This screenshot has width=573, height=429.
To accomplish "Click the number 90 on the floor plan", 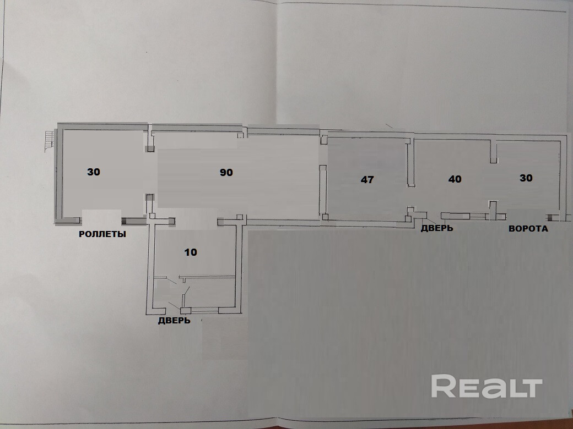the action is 226,173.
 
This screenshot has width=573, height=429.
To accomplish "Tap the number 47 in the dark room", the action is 368,179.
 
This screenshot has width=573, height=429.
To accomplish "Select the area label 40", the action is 455,179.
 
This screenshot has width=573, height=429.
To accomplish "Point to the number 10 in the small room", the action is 191,252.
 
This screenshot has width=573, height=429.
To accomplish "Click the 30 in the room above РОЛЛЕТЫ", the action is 94,172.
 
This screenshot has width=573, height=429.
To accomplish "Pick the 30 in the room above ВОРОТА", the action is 526,178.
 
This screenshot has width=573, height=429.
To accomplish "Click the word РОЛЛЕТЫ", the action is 102,234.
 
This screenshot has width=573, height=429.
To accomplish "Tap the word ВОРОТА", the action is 528,229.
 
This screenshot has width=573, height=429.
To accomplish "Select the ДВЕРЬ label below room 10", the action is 174,321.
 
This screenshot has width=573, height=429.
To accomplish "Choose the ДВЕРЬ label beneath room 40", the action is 437,228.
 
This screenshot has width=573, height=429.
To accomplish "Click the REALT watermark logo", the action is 486,387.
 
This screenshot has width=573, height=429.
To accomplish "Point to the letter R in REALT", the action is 442,387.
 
